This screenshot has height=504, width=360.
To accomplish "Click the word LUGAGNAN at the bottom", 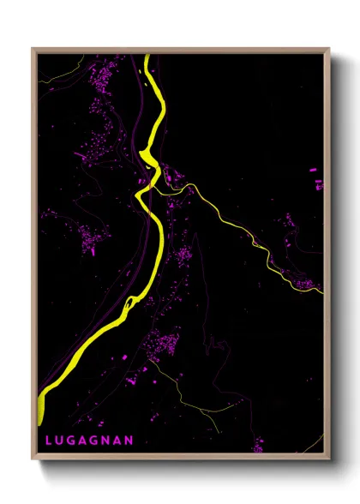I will tap(89, 440).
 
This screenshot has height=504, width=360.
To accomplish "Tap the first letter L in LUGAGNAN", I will tap(49, 440).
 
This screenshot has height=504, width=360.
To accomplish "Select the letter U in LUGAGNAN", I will tap(60, 440).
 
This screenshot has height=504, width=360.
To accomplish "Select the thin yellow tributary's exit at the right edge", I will tap(324, 292).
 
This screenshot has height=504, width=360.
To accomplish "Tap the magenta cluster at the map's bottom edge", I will tap(258, 446).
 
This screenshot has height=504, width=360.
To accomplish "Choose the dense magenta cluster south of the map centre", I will tap(163, 347).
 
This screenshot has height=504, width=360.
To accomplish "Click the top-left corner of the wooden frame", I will tap(33, 49).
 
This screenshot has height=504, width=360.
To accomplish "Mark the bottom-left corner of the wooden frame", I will tap(33, 459).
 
